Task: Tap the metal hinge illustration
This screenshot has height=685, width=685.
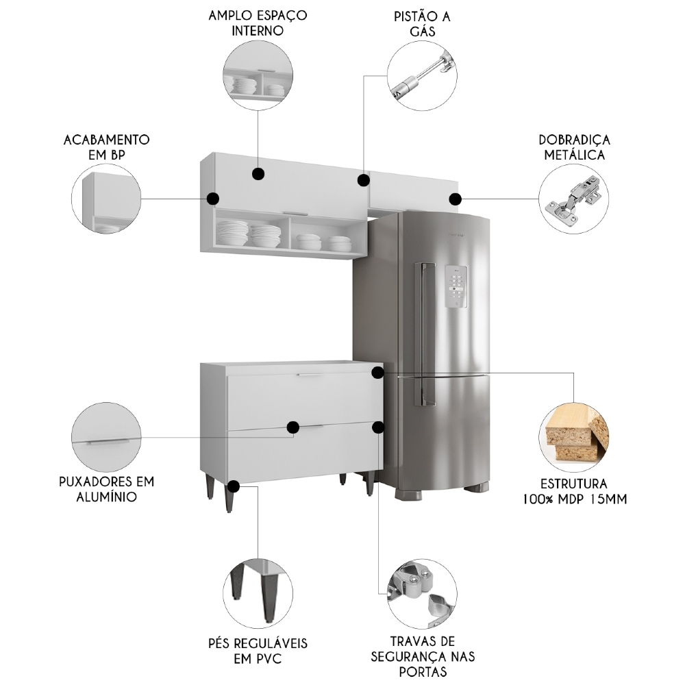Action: [573, 199]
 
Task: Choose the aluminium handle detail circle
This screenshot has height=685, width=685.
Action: [106, 437]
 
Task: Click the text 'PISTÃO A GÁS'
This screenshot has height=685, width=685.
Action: [422, 23]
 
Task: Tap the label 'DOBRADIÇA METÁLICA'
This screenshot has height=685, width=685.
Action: [574, 147]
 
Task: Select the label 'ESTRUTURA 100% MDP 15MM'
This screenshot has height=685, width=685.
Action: [574, 491]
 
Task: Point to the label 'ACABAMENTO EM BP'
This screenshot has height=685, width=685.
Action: [106, 147]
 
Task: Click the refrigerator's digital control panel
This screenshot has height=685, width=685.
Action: [456, 286]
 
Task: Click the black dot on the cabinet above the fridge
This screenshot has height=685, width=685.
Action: [455, 199]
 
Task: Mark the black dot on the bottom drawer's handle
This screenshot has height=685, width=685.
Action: [293, 427]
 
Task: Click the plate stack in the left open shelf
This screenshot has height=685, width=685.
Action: [232, 234]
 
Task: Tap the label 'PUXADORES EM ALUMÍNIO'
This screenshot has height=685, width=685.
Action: [106, 488]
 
